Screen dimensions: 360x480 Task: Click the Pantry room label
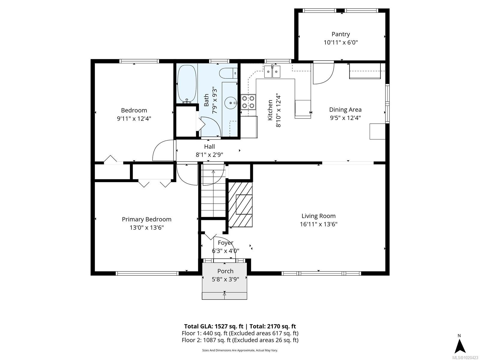(340, 34)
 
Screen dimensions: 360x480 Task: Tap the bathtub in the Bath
(187, 84)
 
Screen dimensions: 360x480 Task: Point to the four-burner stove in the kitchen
(248, 101)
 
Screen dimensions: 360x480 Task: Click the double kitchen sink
(272, 72)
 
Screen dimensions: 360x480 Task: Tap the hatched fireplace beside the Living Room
(240, 204)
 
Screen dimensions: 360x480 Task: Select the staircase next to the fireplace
(213, 192)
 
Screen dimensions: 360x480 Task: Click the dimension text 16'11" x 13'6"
(319, 224)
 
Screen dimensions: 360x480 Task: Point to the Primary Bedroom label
(146, 219)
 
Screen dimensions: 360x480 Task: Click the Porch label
(225, 271)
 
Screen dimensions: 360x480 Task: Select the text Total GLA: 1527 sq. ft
(214, 326)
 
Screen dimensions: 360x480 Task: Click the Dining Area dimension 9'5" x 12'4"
(345, 118)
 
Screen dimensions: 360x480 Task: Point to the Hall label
(209, 146)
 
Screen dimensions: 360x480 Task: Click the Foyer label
(225, 243)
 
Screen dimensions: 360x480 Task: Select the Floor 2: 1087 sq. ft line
(240, 340)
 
